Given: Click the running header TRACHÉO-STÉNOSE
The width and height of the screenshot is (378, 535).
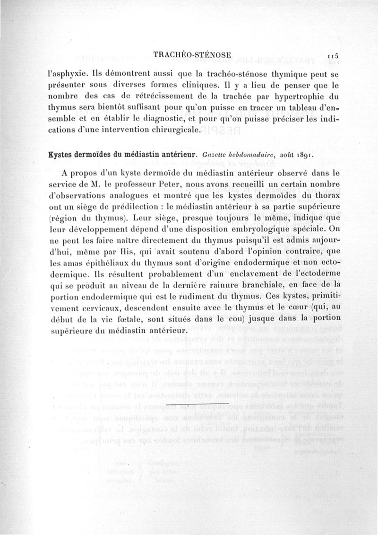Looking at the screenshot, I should [192, 55].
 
